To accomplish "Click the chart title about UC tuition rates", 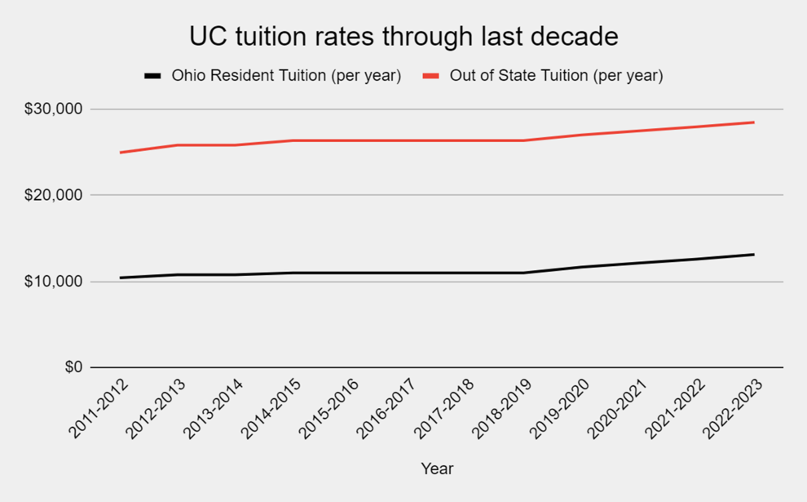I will coord(403,37).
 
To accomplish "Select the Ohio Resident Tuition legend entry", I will coord(285,76).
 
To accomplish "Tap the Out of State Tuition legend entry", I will coord(556,76).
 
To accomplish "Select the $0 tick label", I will coord(73,367).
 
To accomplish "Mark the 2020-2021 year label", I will coord(617,408).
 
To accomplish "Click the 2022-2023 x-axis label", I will coord(732,408).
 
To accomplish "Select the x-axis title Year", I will coord(437,469).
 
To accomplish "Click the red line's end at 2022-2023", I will coord(753,122).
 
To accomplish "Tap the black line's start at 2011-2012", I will coord(121,278).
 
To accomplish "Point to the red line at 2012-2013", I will coord(179,145).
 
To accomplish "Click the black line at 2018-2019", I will coord(523,273).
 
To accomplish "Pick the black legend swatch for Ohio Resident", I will coord(152,76).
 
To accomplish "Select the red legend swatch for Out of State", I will coord(431,76).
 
